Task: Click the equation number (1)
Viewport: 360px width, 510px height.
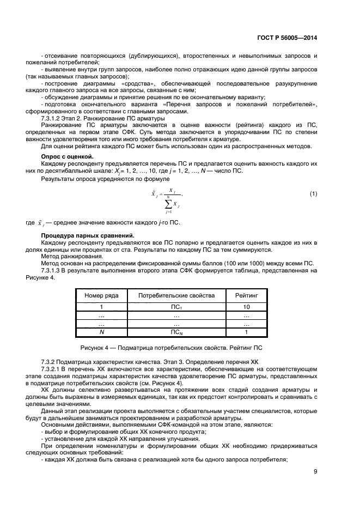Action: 313,194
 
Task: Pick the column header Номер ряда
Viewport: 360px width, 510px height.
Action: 101,295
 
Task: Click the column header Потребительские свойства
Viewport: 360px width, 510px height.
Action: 176,295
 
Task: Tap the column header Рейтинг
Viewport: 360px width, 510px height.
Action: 246,295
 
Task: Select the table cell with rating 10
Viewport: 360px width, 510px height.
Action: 246,307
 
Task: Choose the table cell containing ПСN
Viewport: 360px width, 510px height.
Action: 176,332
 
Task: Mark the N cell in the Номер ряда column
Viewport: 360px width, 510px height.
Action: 101,331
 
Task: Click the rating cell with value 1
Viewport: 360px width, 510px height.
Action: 246,331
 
